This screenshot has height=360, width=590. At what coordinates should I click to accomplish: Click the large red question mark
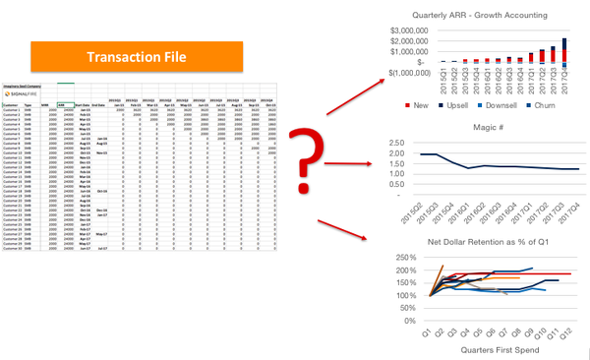coord(337,164)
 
